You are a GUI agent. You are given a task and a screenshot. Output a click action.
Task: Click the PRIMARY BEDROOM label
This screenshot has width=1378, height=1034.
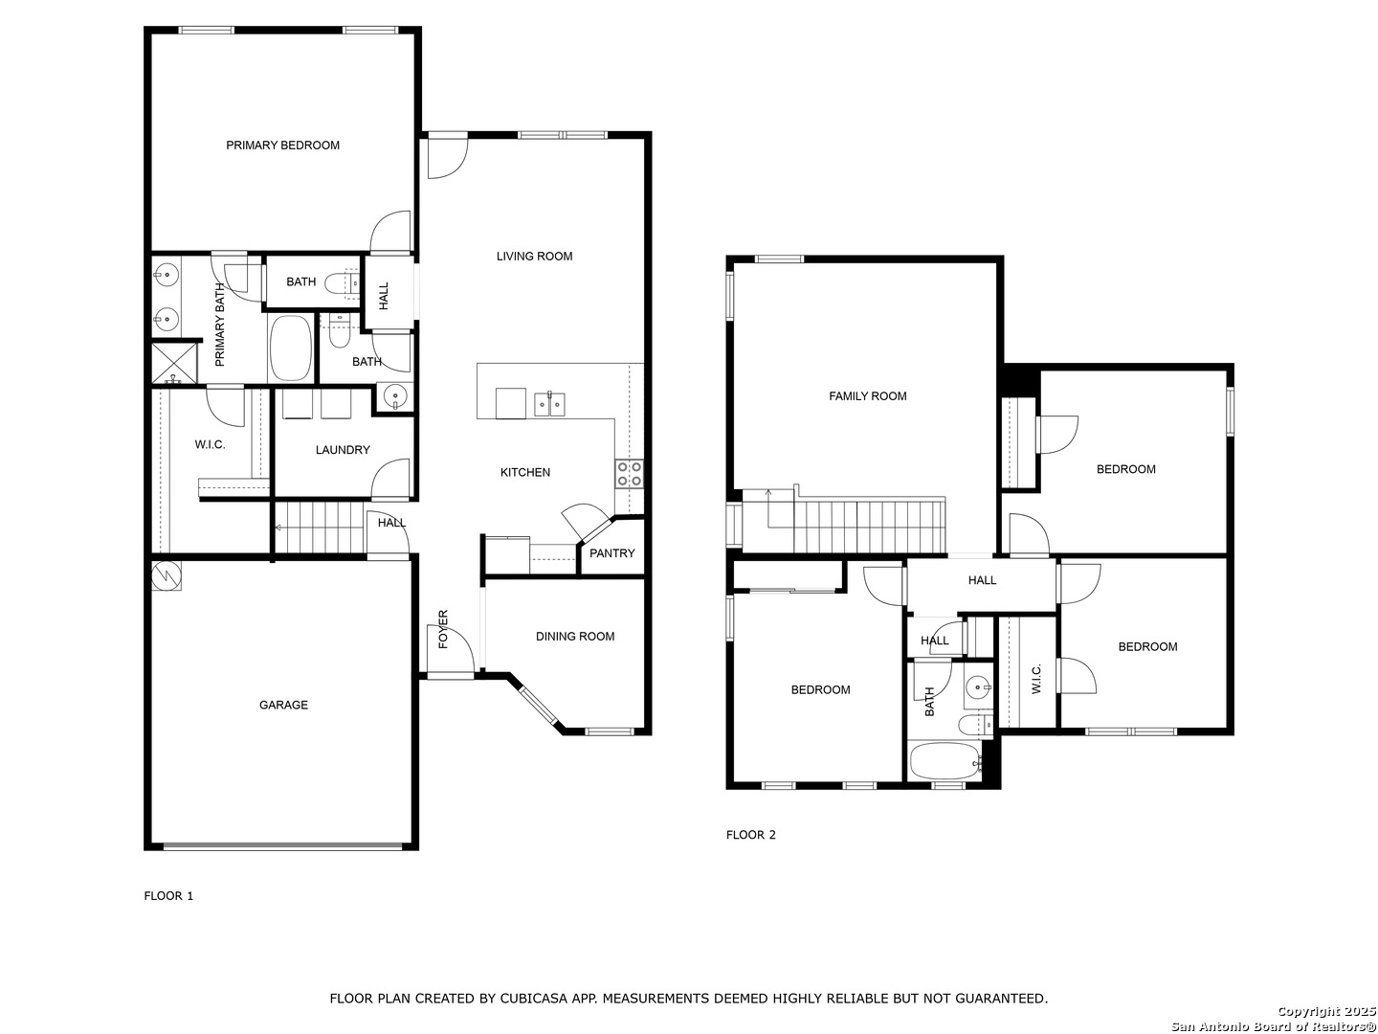click(282, 145)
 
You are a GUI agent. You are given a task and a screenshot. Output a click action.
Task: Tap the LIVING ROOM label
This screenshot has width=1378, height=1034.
click(534, 257)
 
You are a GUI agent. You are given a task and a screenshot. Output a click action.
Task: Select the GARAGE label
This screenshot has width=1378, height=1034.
click(284, 705)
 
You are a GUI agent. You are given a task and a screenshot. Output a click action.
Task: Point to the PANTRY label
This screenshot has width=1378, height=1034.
click(612, 553)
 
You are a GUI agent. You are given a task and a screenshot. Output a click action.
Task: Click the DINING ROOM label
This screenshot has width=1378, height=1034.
click(575, 636)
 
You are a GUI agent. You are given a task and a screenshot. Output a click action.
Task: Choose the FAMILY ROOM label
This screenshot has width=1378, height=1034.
click(868, 396)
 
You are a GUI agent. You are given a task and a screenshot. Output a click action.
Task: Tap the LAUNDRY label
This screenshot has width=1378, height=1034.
click(343, 450)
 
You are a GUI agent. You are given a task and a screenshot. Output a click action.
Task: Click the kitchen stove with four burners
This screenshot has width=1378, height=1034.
click(629, 473)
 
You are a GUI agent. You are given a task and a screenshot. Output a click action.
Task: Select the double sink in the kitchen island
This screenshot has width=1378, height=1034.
click(549, 404)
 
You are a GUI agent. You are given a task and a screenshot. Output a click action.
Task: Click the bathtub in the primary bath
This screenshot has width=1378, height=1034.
click(290, 348)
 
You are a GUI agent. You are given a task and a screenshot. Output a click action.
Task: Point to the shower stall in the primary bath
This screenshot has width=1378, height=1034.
click(175, 362)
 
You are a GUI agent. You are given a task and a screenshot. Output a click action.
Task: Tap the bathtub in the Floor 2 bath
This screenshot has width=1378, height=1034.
click(945, 762)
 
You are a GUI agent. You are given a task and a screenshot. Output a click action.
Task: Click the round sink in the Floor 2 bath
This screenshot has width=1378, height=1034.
click(978, 687)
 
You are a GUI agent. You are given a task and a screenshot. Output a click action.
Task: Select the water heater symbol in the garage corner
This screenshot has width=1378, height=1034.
click(167, 575)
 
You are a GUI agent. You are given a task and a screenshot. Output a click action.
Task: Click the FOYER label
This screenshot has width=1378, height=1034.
click(443, 628)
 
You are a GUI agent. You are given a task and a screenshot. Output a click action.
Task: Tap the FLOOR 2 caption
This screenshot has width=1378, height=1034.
click(751, 834)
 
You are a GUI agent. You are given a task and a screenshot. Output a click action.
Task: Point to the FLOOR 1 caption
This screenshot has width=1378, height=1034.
click(168, 896)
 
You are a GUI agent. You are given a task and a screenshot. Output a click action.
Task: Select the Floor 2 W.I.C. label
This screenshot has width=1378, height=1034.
click(1035, 679)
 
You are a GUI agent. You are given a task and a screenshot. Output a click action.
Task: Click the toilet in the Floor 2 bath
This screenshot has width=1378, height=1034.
click(975, 725)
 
